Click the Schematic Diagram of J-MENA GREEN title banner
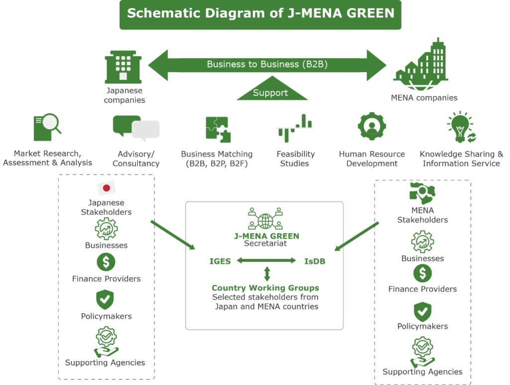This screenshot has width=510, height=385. pyautogui.click(x=260, y=14)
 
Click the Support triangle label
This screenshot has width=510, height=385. pyautogui.click(x=270, y=92)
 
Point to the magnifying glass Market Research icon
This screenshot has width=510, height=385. pyautogui.click(x=47, y=128)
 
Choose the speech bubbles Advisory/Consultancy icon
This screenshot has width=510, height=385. pyautogui.click(x=135, y=128)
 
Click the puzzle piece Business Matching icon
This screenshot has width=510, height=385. pyautogui.click(x=218, y=129)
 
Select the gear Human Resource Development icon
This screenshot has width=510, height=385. pyautogui.click(x=372, y=127)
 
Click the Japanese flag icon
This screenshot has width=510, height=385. pyautogui.click(x=106, y=188)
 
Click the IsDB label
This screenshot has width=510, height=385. pyautogui.click(x=314, y=261)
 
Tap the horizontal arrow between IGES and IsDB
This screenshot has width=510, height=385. pyautogui.click(x=266, y=260)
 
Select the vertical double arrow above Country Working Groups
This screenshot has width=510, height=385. pyautogui.click(x=267, y=273)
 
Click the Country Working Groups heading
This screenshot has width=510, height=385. pyautogui.click(x=265, y=288)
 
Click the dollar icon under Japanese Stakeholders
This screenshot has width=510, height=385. pyautogui.click(x=106, y=262)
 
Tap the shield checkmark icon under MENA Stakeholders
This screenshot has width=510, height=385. pyautogui.click(x=422, y=311)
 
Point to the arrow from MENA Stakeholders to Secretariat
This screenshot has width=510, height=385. pyautogui.click(x=357, y=237)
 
